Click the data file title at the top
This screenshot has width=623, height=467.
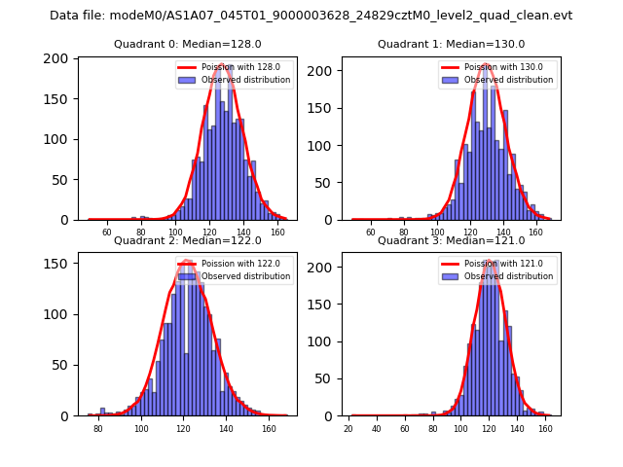coord(311,16)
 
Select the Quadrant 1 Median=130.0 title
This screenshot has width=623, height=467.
coord(451,44)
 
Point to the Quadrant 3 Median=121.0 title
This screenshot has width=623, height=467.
coord(451,240)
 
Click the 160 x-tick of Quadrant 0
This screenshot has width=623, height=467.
coord(277,232)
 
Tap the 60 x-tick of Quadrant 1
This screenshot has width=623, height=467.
coord(370,232)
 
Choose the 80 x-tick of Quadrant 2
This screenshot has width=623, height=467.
coord(98,428)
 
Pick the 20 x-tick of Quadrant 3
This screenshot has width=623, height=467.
coord(348,428)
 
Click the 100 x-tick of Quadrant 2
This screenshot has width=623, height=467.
coord(141,428)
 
